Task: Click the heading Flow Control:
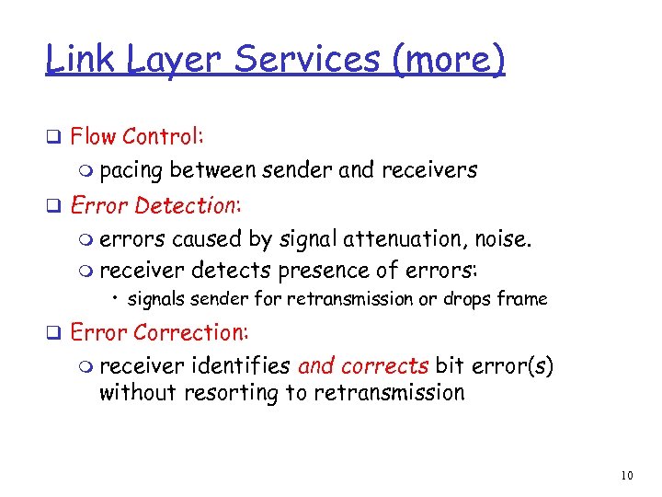[137, 137]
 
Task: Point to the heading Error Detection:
[154, 205]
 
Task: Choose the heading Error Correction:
[159, 331]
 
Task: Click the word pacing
[131, 170]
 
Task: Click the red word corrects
[383, 365]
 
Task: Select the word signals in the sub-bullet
[155, 299]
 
